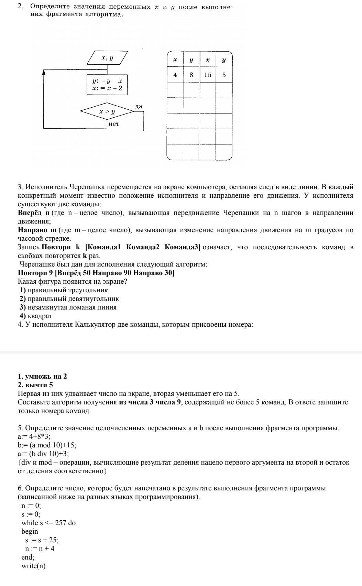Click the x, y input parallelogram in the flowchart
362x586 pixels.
pyautogui.click(x=107, y=58)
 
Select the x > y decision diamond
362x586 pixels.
pyautogui.click(x=107, y=111)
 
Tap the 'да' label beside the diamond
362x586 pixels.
pyautogui.click(x=139, y=107)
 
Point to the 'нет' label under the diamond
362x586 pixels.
pyautogui.click(x=114, y=124)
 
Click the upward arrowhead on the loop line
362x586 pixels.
pyautogui.click(x=44, y=72)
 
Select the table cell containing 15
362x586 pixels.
pyautogui.click(x=208, y=75)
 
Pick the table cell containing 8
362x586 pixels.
pyautogui.click(x=191, y=75)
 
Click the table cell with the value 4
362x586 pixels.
pyautogui.click(x=175, y=75)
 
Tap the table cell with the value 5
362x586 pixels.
pyautogui.click(x=224, y=75)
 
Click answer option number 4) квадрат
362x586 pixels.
pyautogui.click(x=36, y=316)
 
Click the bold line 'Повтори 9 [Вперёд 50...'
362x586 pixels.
pyautogui.click(x=96, y=273)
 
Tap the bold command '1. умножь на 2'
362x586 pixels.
pyautogui.click(x=42, y=376)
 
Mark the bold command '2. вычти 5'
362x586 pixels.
pyautogui.click(x=35, y=385)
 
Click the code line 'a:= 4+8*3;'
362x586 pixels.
pyautogui.click(x=34, y=436)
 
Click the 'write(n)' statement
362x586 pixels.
pyautogui.click(x=33, y=566)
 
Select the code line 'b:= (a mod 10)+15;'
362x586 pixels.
pyautogui.click(x=47, y=445)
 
